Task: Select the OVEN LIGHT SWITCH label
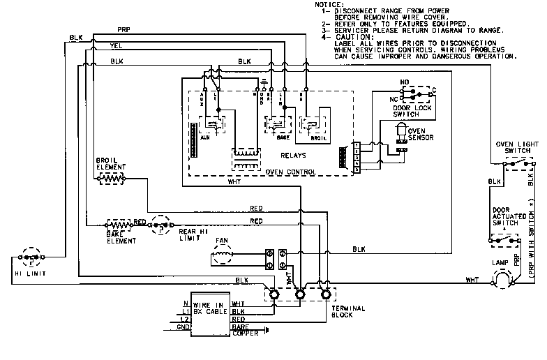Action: tap(518, 149)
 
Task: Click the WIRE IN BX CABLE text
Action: tap(209, 309)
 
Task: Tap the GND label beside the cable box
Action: tap(183, 327)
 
